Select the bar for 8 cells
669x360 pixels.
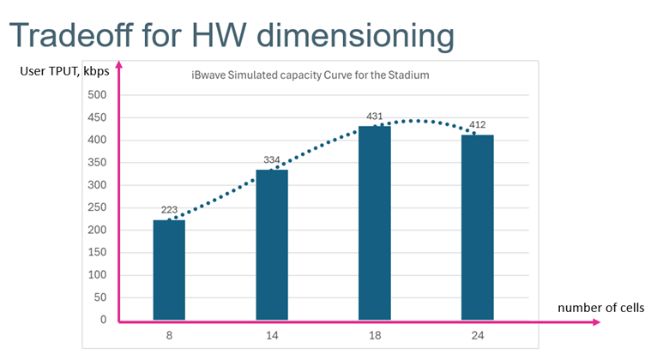coord(169,270)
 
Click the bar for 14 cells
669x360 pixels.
coord(271,245)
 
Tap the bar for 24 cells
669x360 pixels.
coord(477,227)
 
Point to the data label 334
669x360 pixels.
coord(271,160)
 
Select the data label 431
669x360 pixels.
coord(374,117)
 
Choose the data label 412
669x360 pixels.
coord(477,125)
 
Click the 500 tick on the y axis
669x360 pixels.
coord(98,95)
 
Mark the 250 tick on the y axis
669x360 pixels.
coord(98,207)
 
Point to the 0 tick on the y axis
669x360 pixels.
coord(103,320)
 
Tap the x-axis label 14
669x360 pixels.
coord(271,337)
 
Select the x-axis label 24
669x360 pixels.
coord(477,337)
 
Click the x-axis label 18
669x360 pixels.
coord(374,337)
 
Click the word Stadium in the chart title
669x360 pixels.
coord(408,75)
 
